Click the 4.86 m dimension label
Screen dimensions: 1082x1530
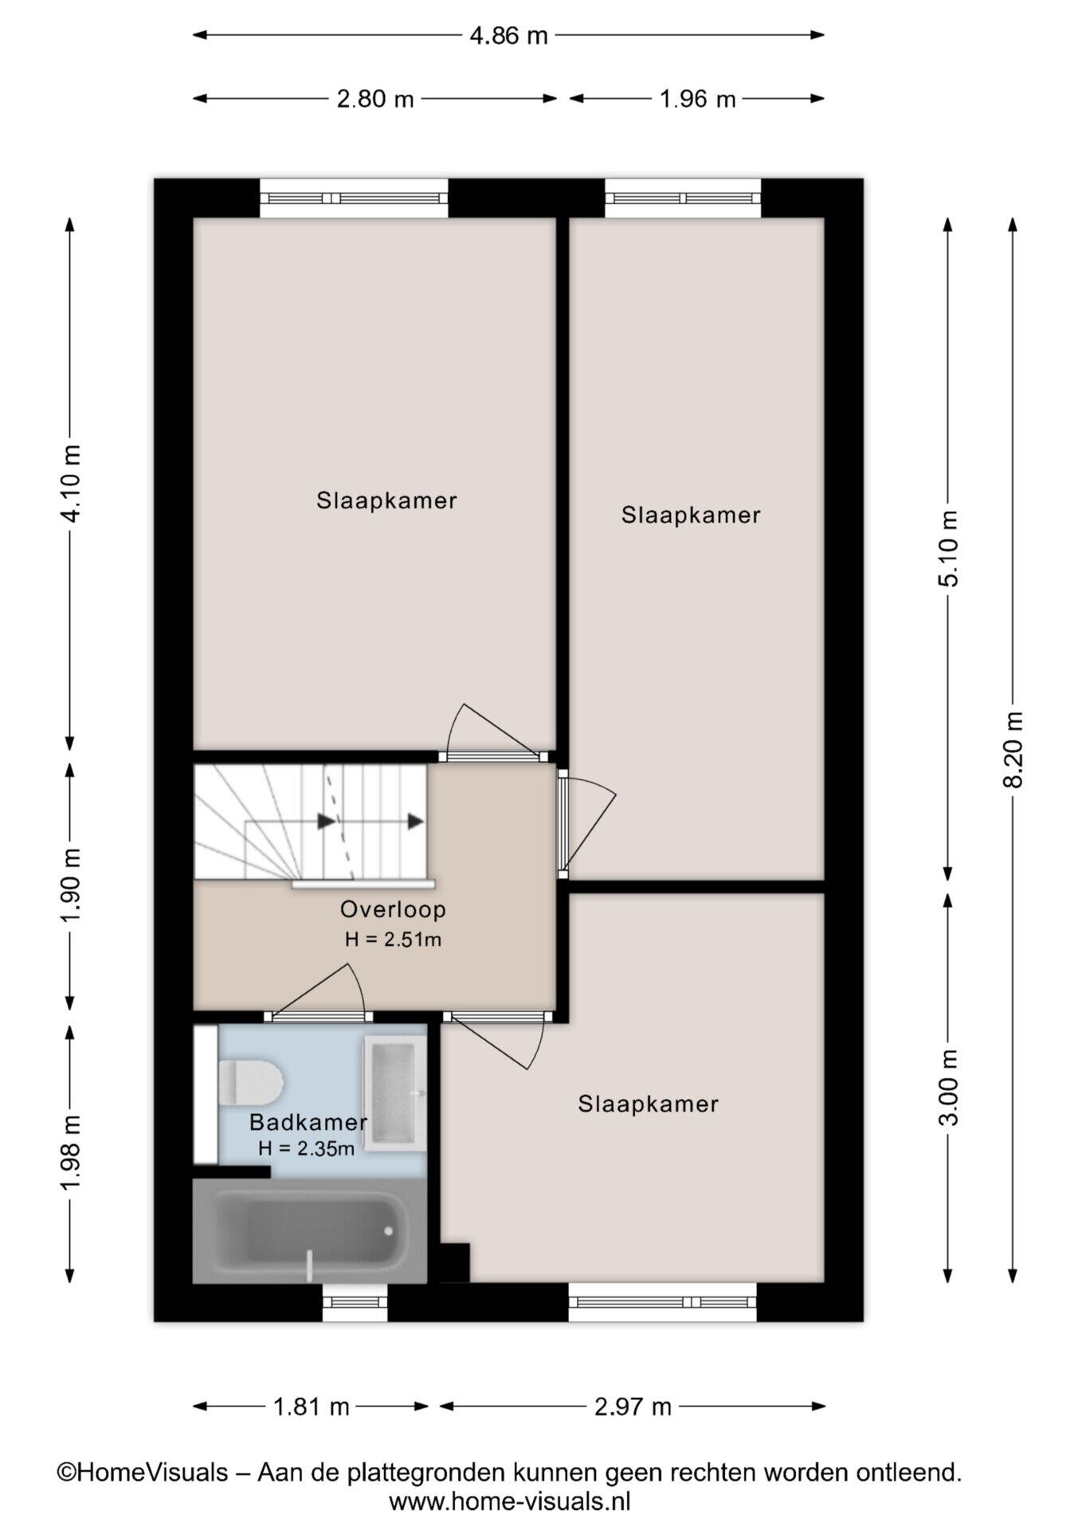pyautogui.click(x=508, y=35)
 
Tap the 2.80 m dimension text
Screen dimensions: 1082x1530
pyautogui.click(x=375, y=99)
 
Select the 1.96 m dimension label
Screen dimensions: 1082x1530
pyautogui.click(x=697, y=99)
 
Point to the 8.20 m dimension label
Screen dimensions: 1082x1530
pyautogui.click(x=1013, y=749)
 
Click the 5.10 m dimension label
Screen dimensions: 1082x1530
pyautogui.click(x=948, y=548)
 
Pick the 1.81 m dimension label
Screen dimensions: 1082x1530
pyautogui.click(x=312, y=1406)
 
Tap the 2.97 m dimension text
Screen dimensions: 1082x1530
pyautogui.click(x=633, y=1406)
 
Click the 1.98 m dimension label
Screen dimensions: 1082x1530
pyautogui.click(x=70, y=1154)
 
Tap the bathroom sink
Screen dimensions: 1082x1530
pyautogui.click(x=395, y=1094)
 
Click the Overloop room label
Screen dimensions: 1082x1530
pyautogui.click(x=393, y=909)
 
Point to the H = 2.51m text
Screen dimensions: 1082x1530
pyautogui.click(x=393, y=940)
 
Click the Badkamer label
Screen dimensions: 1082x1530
pyautogui.click(x=308, y=1122)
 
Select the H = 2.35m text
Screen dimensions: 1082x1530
pyautogui.click(x=306, y=1148)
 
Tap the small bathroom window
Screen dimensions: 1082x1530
pyautogui.click(x=355, y=1302)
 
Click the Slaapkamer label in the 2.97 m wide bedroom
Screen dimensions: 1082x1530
pyautogui.click(x=649, y=1104)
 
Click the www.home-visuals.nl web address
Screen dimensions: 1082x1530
pyautogui.click(x=510, y=1502)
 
